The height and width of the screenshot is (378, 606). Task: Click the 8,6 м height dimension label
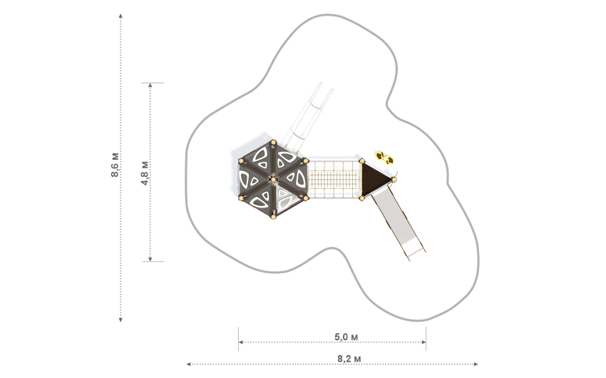pyautogui.click(x=115, y=165)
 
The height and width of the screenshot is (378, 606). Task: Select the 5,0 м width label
pyautogui.click(x=346, y=336)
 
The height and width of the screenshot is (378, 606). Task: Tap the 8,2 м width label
pyautogui.click(x=346, y=357)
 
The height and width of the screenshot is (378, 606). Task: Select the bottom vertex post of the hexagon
pyautogui.click(x=272, y=217)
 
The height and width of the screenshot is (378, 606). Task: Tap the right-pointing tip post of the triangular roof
pyautogui.click(x=394, y=180)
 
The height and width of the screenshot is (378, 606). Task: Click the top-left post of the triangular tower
pyautogui.click(x=362, y=161)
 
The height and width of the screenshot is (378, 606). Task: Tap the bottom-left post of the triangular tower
pyautogui.click(x=362, y=198)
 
